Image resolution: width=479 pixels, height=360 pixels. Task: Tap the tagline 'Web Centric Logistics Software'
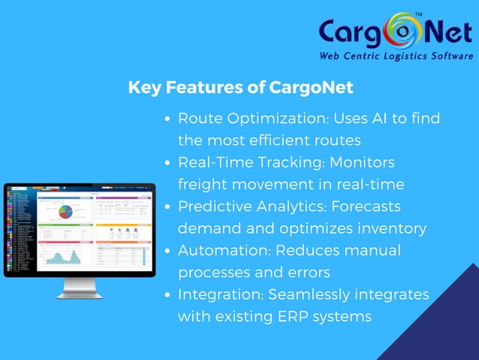pyautogui.click(x=394, y=56)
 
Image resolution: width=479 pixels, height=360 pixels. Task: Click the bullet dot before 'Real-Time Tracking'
pyautogui.click(x=170, y=162)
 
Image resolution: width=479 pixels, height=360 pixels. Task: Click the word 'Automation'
pyautogui.click(x=223, y=250)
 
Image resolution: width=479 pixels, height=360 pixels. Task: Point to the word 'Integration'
pyautogui.click(x=223, y=294)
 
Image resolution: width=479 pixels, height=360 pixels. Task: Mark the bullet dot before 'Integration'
pyautogui.click(x=170, y=294)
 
